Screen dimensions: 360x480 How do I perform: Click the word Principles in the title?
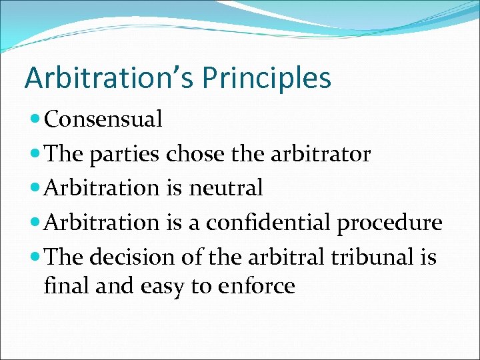coord(267,78)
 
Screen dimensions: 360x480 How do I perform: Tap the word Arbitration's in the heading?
coord(109,78)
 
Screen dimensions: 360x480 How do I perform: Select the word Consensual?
coord(103,120)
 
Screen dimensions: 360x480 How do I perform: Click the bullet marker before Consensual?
coord(35,120)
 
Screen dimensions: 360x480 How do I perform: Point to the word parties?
coord(123,155)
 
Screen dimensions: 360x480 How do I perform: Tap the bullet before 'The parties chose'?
coord(35,155)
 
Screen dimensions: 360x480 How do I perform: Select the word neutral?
coord(226,189)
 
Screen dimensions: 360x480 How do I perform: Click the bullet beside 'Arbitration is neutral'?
coord(35,189)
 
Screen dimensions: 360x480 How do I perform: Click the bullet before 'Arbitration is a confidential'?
coord(35,223)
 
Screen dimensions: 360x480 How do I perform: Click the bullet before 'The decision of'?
coord(35,257)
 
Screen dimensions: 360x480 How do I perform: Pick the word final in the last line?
coord(61,286)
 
